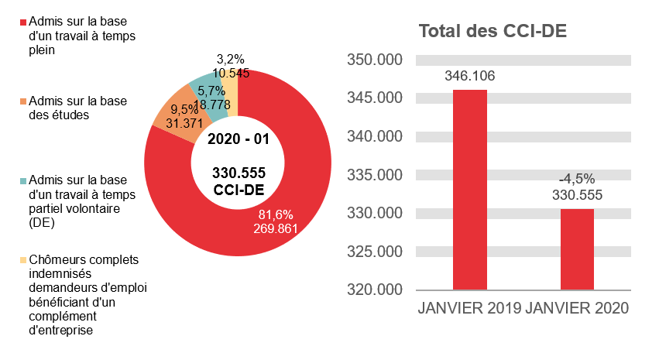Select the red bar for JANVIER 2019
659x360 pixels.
click(x=469, y=190)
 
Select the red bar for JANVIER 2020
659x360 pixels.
click(x=576, y=249)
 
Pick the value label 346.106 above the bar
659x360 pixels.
click(x=469, y=76)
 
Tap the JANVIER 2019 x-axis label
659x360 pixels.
click(x=469, y=307)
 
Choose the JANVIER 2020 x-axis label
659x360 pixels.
click(x=577, y=307)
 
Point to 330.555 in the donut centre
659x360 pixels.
click(x=239, y=175)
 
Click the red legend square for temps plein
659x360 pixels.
click(x=23, y=21)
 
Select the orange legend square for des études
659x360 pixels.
click(x=23, y=101)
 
